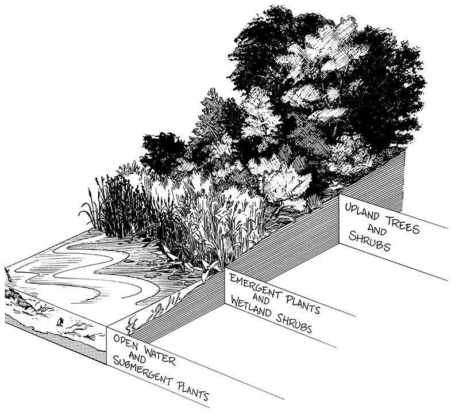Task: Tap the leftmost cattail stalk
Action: coord(90,199)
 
